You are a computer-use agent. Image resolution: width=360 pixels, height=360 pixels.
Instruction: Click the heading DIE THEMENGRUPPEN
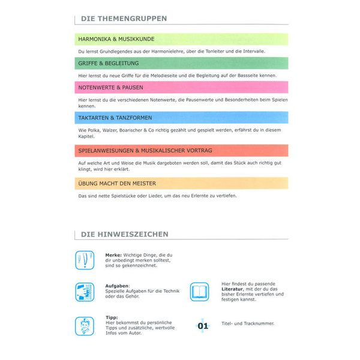124,19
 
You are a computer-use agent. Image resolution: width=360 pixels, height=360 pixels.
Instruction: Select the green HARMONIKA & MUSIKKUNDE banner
181,39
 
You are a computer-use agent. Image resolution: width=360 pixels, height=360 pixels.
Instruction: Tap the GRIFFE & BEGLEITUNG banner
181,63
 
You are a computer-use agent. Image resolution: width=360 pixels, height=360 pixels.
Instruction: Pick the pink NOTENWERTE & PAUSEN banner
181,88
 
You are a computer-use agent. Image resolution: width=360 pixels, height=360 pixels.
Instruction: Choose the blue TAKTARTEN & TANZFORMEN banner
181,118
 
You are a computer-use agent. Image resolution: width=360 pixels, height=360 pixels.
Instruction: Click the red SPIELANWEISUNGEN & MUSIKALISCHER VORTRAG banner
181,150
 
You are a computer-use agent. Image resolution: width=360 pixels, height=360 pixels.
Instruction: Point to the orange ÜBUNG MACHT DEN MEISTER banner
181,183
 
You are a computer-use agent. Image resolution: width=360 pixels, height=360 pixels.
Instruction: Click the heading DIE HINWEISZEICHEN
124,234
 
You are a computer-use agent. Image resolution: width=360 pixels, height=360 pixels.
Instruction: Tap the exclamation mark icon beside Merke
85,260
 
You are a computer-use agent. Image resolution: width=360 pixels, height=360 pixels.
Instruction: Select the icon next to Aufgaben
85,292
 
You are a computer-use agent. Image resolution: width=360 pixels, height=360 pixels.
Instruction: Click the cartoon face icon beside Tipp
85,325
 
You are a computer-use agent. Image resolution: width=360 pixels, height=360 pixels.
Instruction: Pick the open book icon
200,292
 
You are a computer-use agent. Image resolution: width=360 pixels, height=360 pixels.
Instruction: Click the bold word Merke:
114,254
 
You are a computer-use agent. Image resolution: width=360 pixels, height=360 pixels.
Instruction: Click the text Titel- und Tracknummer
248,323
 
